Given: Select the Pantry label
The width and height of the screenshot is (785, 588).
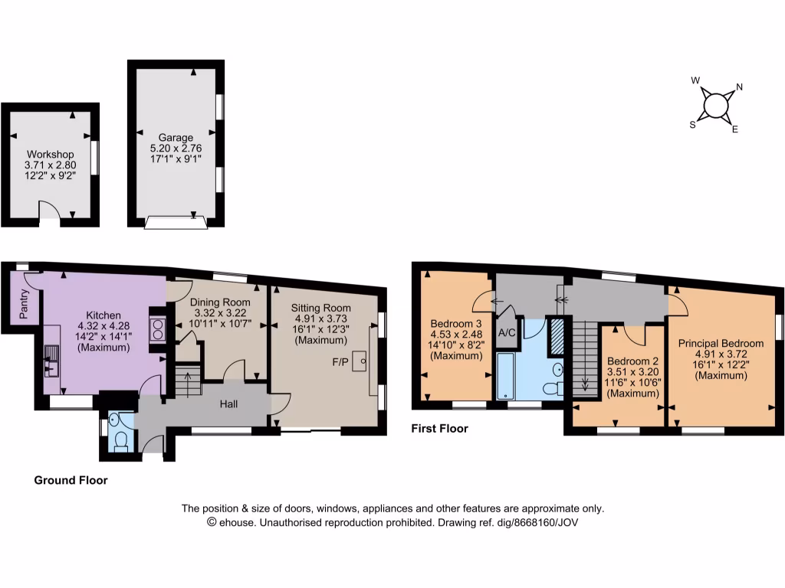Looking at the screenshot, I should [x=25, y=303].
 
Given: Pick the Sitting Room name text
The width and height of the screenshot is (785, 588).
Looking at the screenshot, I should [x=321, y=308].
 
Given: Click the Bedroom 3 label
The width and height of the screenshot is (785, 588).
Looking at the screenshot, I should [x=455, y=323].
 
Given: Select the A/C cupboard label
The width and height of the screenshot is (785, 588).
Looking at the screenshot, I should [x=507, y=333].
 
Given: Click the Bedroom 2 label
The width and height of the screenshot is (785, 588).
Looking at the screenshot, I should [x=632, y=361].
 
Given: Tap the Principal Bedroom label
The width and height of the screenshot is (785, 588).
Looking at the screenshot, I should [x=721, y=344].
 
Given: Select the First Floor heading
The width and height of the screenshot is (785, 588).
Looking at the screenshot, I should [x=440, y=429].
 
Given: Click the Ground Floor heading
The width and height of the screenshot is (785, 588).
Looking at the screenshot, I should [x=71, y=481].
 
